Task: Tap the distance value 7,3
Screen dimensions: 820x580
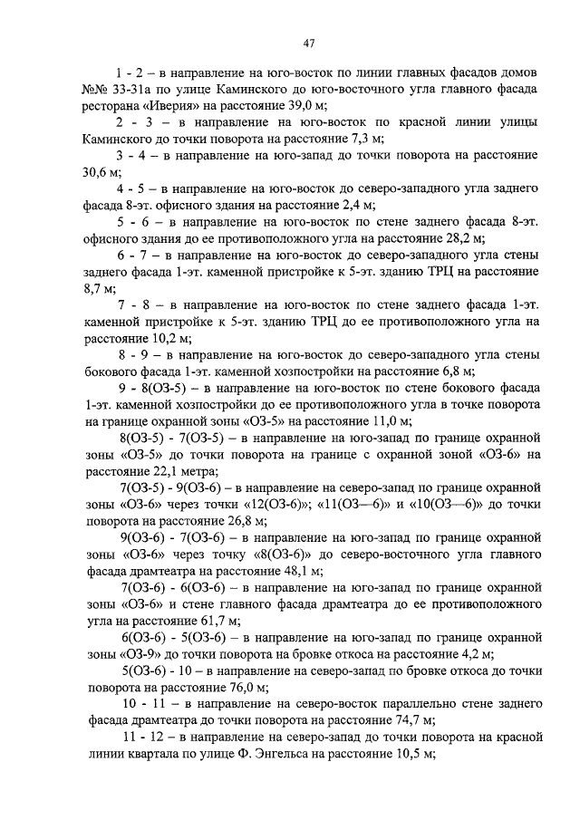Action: pos(346,140)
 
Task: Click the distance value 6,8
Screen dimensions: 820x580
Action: pos(453,370)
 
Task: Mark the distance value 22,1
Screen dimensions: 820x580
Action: pos(154,471)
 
